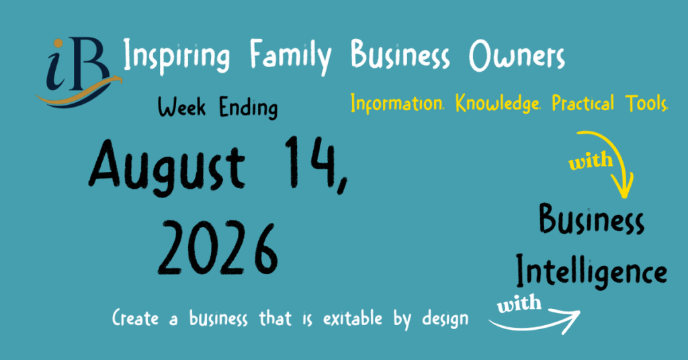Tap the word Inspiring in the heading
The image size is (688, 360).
177,56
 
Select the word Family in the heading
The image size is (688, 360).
290,56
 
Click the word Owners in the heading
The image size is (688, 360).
517,56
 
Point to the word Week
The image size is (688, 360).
181,107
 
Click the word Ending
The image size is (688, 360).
249,108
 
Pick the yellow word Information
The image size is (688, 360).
397,103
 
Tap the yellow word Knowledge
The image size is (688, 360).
498,103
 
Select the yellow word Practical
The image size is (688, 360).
583,103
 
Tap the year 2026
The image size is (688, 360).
218,249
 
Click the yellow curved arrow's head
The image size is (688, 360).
624,187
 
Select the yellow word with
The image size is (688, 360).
590,161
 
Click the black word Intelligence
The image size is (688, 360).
591,271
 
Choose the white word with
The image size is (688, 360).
519,304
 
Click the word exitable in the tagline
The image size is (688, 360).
353,318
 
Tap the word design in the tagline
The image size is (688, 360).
445,319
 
